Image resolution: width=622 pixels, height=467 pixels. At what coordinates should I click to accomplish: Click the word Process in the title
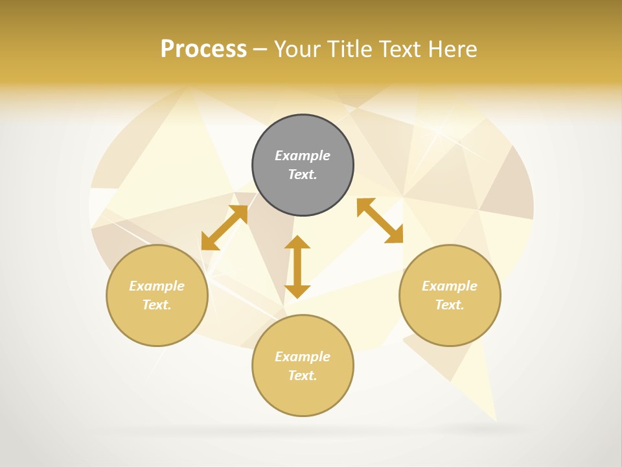point(203,49)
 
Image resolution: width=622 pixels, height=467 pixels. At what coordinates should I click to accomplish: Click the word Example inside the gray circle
point(303,156)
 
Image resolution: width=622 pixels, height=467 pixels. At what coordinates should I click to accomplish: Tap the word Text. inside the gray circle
point(303,174)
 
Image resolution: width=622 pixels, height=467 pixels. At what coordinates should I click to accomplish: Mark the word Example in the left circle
point(157,286)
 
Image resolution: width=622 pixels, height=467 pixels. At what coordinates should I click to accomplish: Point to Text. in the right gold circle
point(450,305)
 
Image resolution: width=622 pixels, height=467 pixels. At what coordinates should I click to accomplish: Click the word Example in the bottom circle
point(303,357)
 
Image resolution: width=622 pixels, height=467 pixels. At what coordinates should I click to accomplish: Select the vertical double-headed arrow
point(297,267)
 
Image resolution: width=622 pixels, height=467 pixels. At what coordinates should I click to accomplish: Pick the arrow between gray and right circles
point(380,221)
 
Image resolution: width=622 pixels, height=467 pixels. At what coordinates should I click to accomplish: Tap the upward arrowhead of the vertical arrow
point(297,243)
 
